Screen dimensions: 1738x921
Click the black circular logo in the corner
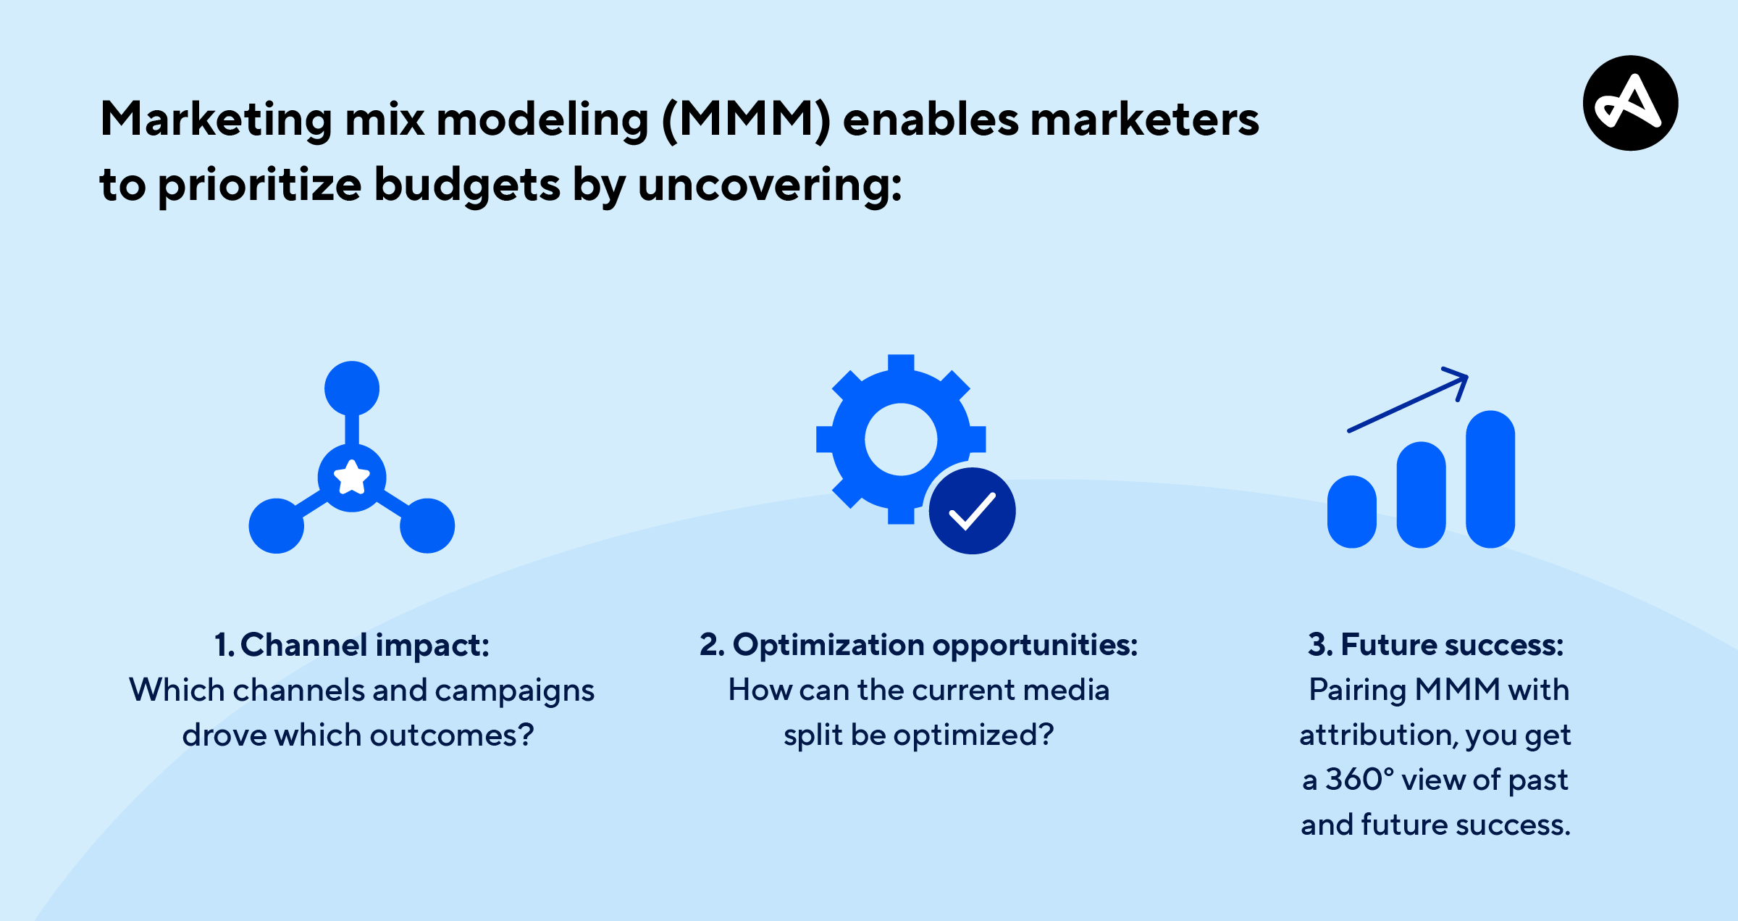click(x=1631, y=103)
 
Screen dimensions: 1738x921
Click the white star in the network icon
click(x=352, y=478)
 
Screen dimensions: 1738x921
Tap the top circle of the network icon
click(x=352, y=388)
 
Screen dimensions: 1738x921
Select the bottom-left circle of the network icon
click(x=277, y=526)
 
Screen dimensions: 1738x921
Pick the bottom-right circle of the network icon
click(x=427, y=526)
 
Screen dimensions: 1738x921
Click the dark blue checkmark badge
click(x=973, y=511)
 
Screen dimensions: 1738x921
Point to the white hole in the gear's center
click(x=901, y=439)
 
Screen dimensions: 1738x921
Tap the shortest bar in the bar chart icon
click(x=1352, y=512)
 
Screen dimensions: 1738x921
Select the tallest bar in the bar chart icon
click(x=1490, y=479)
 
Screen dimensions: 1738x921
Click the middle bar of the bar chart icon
click(x=1422, y=495)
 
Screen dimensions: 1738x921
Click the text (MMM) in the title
click(x=746, y=120)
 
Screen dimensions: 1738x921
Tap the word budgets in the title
click(x=467, y=186)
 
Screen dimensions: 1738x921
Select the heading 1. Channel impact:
click(x=352, y=645)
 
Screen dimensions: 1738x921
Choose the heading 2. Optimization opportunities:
click(x=919, y=645)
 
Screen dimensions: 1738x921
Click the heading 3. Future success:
click(x=1436, y=645)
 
